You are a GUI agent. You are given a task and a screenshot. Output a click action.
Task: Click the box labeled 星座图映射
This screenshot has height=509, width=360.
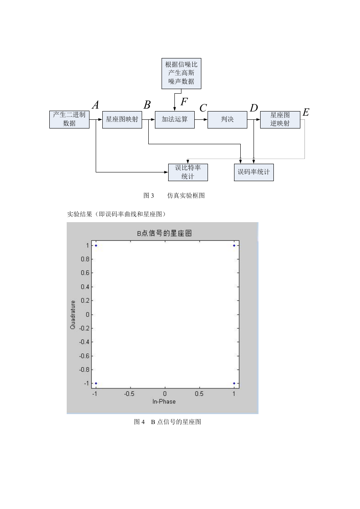coord(122,119)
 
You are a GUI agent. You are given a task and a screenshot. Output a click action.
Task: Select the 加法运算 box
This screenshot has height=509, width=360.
coord(175,119)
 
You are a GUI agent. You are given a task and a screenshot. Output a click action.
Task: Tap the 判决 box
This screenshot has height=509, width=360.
coord(227,119)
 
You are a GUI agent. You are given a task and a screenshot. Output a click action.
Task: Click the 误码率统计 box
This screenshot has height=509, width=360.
coord(254,172)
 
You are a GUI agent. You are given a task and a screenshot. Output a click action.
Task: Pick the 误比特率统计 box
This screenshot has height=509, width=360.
coord(188,172)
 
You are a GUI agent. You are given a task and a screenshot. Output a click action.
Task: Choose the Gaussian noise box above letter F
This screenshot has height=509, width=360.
coord(181,73)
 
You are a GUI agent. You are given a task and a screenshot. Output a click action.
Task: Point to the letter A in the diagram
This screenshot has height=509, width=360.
coord(96,105)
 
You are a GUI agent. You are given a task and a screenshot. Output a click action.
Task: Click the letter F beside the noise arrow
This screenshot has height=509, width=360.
coord(184,102)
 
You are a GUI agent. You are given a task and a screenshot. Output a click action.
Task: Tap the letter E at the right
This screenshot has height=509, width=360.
coord(306,112)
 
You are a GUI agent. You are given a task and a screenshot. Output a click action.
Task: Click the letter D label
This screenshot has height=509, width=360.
coord(254,108)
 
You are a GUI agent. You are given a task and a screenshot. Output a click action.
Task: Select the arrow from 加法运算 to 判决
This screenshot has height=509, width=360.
coord(201,119)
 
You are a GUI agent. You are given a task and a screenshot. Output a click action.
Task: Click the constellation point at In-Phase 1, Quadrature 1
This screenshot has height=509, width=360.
coord(234,245)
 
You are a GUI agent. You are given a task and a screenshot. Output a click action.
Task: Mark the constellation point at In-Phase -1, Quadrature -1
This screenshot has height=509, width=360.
coord(96,383)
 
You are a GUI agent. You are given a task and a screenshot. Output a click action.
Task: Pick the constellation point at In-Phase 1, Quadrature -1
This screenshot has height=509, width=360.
coord(234,383)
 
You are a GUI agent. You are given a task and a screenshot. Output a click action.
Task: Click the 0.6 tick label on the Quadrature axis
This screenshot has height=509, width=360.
coord(85,273)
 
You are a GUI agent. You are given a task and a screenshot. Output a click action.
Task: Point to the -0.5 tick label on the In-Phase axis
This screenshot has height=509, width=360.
coord(129,394)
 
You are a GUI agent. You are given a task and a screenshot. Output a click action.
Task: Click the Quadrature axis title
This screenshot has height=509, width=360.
coord(72,315)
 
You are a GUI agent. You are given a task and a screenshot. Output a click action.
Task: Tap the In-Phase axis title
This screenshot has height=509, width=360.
coord(164,402)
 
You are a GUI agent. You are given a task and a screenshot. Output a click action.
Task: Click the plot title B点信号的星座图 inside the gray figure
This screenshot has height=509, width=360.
coord(164,233)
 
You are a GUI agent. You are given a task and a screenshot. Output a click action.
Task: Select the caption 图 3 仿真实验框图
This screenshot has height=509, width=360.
coord(174,195)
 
